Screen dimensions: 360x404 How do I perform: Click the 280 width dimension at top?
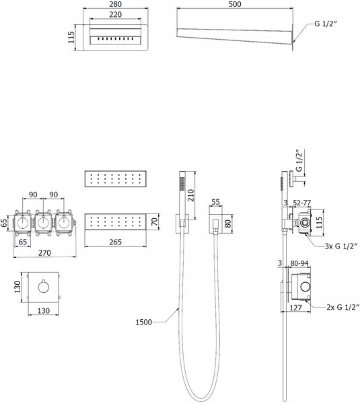click(x=115, y=4)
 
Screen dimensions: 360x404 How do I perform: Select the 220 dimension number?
click(x=115, y=15)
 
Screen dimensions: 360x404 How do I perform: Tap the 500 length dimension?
click(x=235, y=4)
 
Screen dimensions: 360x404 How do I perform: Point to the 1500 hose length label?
click(x=144, y=322)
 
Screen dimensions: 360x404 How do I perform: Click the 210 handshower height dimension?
click(x=191, y=195)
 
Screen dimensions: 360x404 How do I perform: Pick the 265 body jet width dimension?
click(x=115, y=242)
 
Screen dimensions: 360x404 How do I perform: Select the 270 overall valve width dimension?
click(x=44, y=253)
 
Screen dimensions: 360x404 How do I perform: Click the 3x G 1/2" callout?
click(x=341, y=246)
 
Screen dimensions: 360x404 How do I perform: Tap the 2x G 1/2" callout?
click(x=343, y=307)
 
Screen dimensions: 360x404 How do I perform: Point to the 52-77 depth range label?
click(x=302, y=203)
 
